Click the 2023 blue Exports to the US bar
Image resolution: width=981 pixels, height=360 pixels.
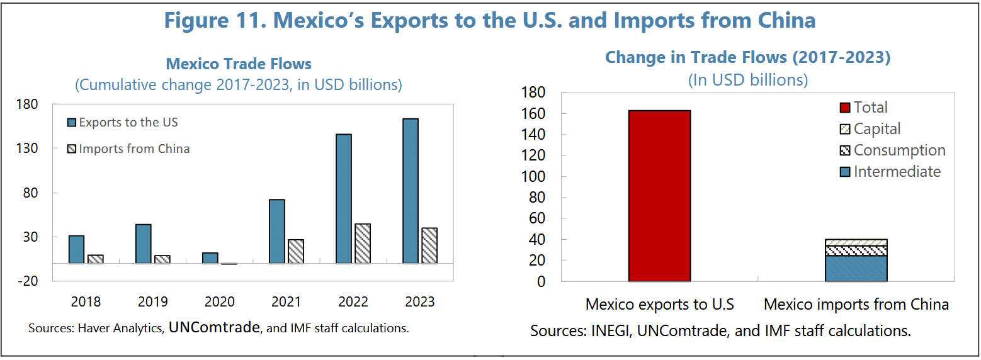pos(411,191)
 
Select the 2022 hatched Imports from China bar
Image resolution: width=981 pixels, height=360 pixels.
pos(363,244)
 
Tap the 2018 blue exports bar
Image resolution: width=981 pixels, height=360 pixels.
pos(77,250)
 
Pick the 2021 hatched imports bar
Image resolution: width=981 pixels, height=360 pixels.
pos(296,251)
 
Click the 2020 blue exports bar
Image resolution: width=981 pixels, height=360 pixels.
pos(210,258)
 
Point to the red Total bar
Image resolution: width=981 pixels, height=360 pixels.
pos(659,196)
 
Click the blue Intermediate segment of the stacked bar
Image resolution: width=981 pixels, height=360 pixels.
pos(856,269)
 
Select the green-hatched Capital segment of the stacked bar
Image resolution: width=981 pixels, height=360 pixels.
pos(856,243)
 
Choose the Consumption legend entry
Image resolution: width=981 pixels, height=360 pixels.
pos(893,150)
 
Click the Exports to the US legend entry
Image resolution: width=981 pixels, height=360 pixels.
pos(123,122)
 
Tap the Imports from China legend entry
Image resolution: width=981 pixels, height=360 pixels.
pos(128,149)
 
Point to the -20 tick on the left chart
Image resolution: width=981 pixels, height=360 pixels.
pos(28,281)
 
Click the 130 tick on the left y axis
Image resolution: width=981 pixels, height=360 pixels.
pos(27,149)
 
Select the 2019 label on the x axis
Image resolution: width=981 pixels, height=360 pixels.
pos(153,301)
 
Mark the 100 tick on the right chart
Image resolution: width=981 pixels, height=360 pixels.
pos(533,176)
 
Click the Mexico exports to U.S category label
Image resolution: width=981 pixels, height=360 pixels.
pos(659,305)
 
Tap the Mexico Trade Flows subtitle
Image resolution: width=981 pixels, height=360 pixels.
pos(239,64)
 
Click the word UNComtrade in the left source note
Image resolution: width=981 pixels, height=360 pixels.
pos(214,327)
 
